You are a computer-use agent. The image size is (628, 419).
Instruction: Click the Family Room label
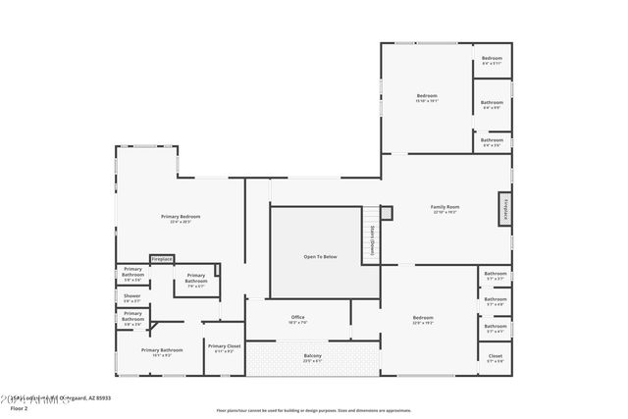point(445,207)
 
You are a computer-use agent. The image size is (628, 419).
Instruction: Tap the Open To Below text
point(318,256)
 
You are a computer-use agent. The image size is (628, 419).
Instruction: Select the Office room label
point(297,318)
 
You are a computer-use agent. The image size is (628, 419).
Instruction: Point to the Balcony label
point(312,355)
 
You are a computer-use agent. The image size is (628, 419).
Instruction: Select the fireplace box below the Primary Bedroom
point(162,259)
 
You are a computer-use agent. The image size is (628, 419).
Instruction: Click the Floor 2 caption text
point(19,408)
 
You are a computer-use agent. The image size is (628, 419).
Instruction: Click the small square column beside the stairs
point(387,212)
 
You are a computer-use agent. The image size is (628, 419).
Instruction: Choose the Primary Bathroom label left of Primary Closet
point(162,350)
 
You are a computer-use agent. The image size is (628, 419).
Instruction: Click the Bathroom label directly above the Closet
point(495,326)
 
